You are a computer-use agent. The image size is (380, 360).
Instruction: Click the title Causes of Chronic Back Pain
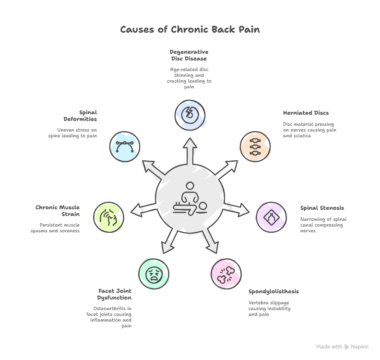point(190,30)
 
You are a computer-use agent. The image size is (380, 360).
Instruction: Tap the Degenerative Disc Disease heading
point(189,55)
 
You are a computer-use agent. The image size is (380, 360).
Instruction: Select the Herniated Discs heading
point(306,113)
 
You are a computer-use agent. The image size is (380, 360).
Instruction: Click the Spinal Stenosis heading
point(322,208)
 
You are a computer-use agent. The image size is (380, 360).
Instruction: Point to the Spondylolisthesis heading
point(273,291)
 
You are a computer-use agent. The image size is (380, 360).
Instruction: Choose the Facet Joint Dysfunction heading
point(115,294)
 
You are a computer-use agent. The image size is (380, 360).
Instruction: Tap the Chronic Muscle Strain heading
point(58,211)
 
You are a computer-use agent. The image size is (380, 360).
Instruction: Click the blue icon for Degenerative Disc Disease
point(190,115)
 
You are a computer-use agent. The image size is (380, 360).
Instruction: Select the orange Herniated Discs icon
point(255,146)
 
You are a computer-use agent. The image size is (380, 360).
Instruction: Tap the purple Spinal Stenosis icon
point(271,217)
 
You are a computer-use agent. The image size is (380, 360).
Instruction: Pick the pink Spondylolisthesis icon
point(226,274)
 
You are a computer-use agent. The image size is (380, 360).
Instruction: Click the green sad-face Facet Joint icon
point(154,274)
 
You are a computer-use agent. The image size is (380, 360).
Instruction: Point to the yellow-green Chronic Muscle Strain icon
point(108,217)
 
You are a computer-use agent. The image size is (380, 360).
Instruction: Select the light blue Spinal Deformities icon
point(125,146)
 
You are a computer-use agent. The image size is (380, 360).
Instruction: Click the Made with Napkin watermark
point(343,347)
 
